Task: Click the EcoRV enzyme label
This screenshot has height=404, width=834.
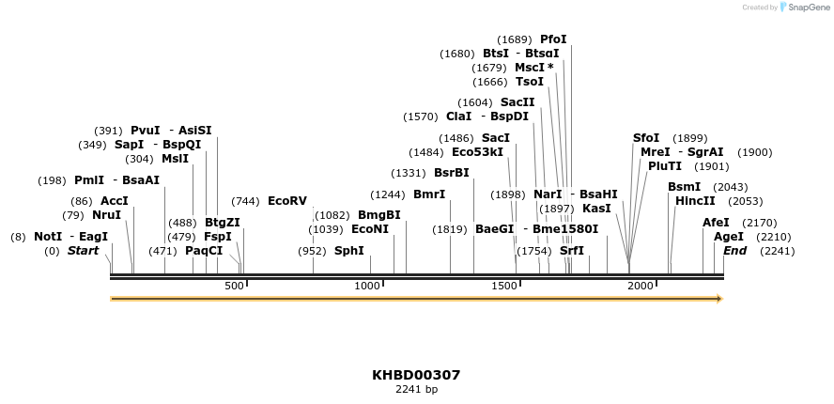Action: [x=287, y=201]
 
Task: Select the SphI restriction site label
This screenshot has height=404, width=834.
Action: [x=349, y=251]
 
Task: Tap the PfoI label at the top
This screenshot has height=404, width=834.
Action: [x=553, y=39]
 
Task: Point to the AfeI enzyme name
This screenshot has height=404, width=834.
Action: [x=716, y=223]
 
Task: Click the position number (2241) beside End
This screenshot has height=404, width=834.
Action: [x=778, y=251]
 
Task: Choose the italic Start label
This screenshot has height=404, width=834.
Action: [x=83, y=251]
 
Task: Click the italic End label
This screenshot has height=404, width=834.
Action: [x=735, y=251]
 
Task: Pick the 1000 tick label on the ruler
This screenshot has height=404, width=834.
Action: [x=367, y=286]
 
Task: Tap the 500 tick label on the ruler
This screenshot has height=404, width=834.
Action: [x=234, y=286]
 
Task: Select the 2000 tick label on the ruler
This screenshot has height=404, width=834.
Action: [x=641, y=286]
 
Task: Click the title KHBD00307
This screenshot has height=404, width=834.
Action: [x=416, y=375]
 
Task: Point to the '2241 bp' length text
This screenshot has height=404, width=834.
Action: [x=416, y=389]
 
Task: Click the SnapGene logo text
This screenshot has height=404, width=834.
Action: [x=809, y=8]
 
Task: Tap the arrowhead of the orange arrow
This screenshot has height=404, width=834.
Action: [x=719, y=299]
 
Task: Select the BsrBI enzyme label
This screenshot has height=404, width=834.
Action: [x=451, y=173]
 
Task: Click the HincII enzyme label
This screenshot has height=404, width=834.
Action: [x=695, y=201]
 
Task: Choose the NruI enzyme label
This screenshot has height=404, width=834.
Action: [x=106, y=215]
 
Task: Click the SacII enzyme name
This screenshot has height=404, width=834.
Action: [x=517, y=102]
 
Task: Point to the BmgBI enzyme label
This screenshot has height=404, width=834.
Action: [x=379, y=215]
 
